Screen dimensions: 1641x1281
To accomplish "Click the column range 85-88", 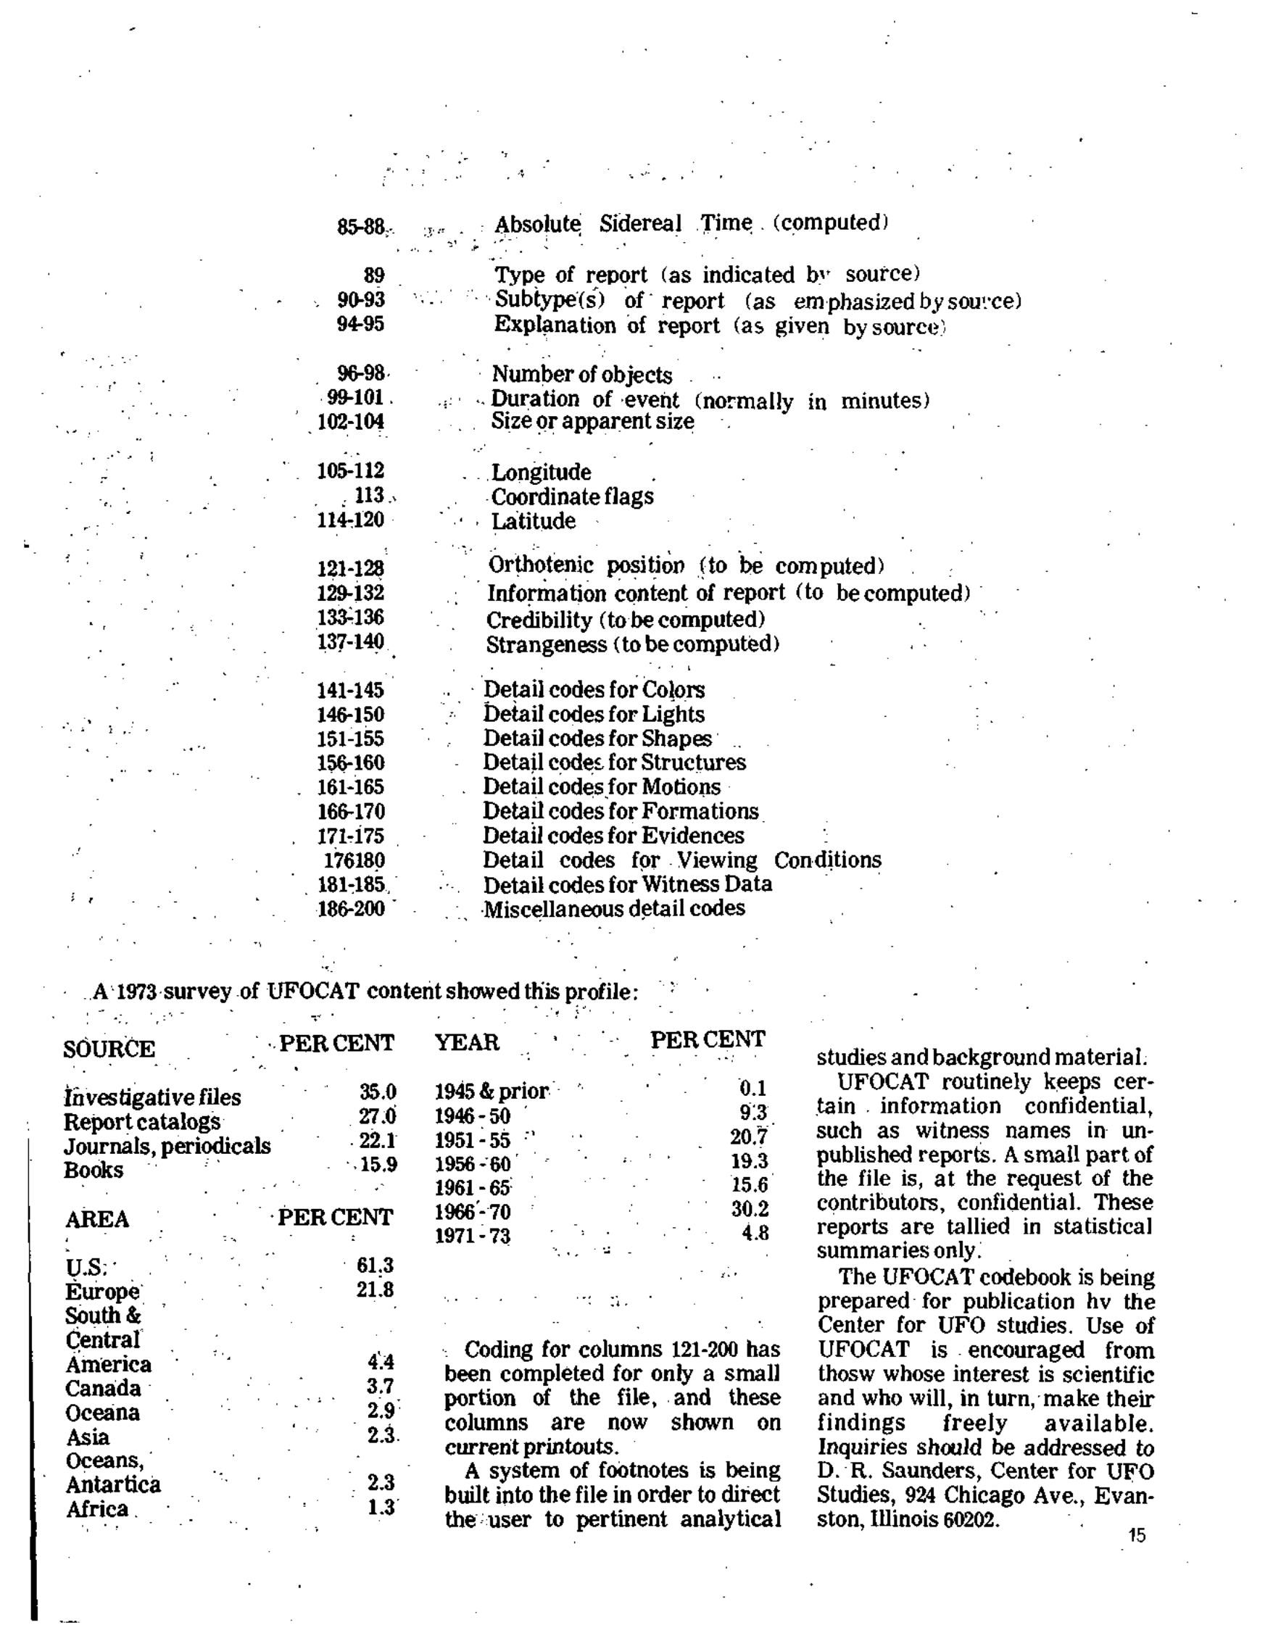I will point(361,226).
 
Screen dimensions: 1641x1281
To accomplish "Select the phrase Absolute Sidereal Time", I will point(623,224).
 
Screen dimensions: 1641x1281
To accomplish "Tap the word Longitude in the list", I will point(541,473).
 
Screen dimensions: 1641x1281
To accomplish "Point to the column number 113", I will point(369,495).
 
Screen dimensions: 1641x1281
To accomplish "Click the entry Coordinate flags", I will point(572,497).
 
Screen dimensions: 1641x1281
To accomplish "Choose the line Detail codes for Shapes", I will point(597,739).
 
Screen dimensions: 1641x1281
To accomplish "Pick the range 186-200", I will point(351,909).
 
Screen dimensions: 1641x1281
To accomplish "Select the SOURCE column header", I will point(109,1049).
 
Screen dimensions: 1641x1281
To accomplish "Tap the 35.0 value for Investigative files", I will point(377,1092).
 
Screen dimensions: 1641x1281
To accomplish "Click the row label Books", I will point(94,1171).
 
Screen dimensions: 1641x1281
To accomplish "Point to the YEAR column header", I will point(467,1043).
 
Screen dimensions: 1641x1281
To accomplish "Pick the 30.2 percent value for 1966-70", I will point(750,1209).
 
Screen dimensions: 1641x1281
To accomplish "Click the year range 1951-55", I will point(473,1141).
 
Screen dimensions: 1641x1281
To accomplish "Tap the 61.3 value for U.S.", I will point(375,1266).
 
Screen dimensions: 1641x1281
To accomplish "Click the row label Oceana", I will point(103,1413).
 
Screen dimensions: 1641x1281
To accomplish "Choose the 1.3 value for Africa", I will point(381,1507).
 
